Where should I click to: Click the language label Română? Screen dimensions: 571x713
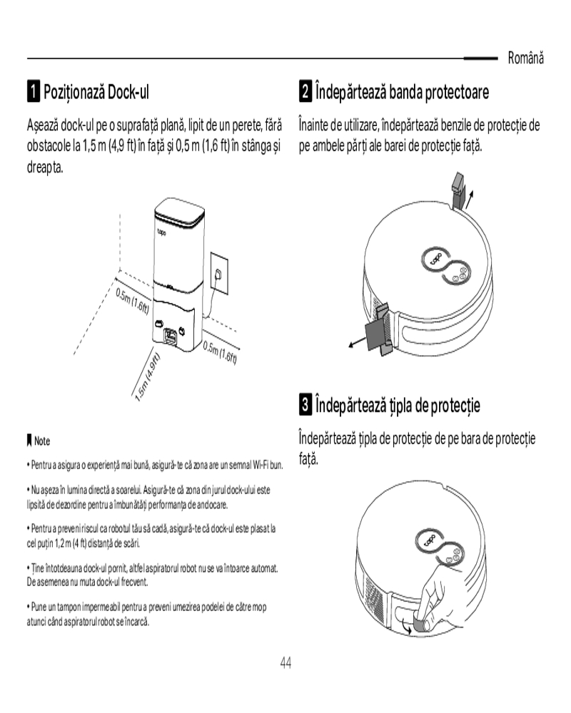pos(525,58)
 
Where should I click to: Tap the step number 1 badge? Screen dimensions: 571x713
pos(33,91)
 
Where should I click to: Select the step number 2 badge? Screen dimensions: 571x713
pos(305,91)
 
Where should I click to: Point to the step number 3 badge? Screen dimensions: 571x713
pos(305,404)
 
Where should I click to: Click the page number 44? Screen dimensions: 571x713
pos(285,663)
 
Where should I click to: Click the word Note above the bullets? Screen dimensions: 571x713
pos(42,441)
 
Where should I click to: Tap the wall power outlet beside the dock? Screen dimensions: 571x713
pos(219,274)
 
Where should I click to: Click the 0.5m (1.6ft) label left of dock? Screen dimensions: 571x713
pos(132,301)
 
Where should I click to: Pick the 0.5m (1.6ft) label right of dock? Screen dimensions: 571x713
pos(220,352)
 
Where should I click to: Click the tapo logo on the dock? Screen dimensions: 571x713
pos(161,233)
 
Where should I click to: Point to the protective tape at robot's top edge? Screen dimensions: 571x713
pos(458,190)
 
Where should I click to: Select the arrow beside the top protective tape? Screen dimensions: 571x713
pos(470,199)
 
